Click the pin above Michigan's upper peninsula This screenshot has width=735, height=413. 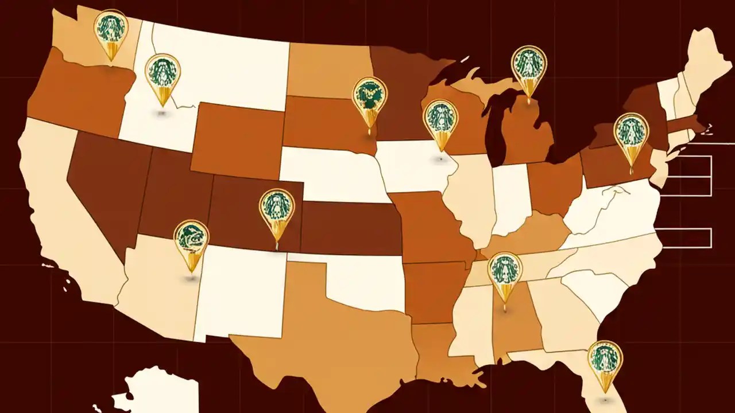click(x=529, y=64)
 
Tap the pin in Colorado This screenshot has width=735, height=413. click(x=277, y=208)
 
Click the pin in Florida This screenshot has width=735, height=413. click(x=605, y=359)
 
